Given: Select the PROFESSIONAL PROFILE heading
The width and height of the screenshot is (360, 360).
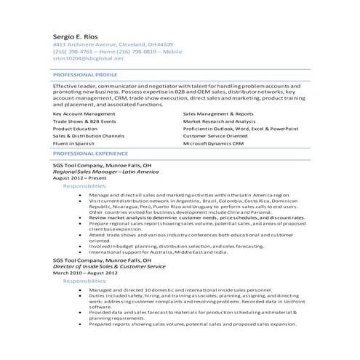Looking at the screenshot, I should (85, 74).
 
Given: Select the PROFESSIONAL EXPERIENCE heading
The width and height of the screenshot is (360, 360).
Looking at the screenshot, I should (90, 154).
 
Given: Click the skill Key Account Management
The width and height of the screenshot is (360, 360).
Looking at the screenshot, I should (84, 114).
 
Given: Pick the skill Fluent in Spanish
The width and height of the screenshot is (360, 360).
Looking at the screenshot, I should (75, 144).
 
